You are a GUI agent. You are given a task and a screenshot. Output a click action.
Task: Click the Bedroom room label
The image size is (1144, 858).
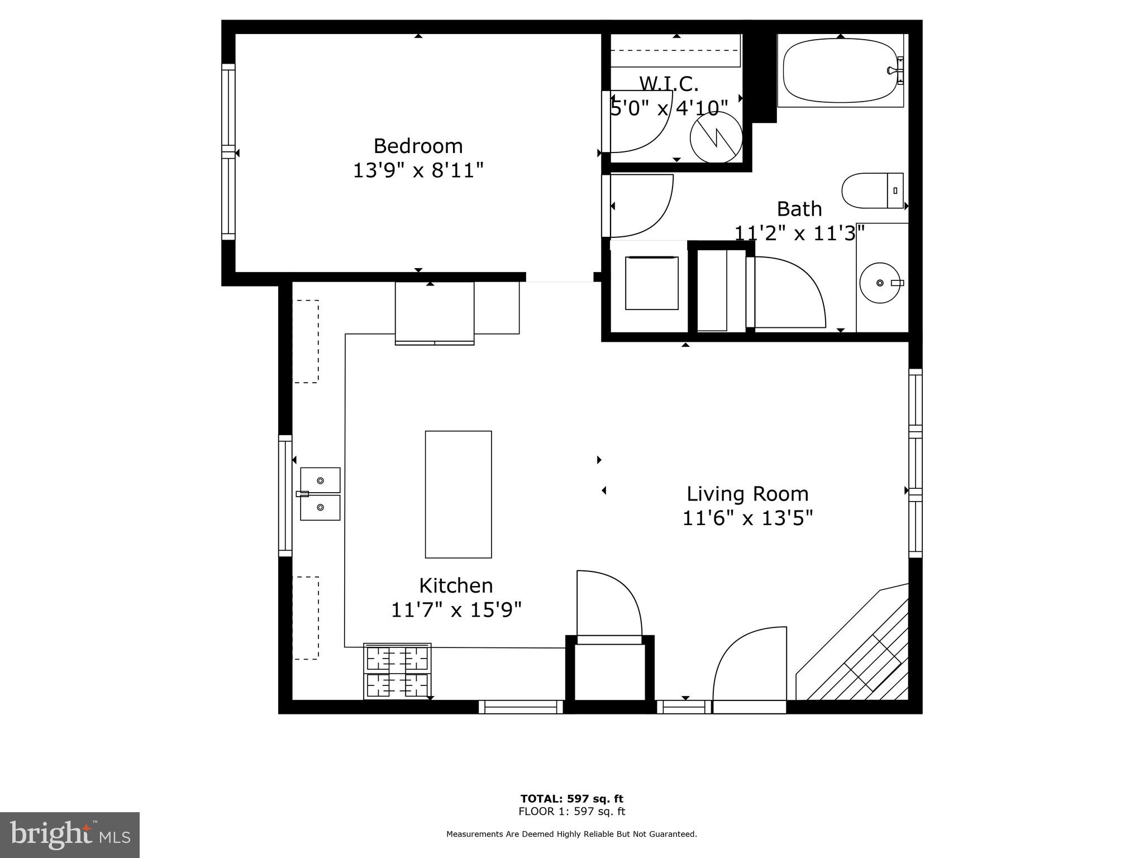[x=418, y=146]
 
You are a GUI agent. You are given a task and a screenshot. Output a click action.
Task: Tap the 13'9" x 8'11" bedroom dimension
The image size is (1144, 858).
[x=418, y=170]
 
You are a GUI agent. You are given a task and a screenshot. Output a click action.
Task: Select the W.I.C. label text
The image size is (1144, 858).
[x=669, y=84]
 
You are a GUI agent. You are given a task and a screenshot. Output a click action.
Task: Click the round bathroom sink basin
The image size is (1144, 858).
[x=879, y=283]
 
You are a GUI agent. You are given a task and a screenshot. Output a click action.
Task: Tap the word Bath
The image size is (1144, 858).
[x=799, y=209]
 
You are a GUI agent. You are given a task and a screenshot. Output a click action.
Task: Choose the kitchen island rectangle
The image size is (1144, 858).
[x=458, y=494]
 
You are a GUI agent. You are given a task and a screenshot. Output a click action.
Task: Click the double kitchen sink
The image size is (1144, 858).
[x=320, y=494]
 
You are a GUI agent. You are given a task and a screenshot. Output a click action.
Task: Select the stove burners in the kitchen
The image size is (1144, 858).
[x=397, y=671]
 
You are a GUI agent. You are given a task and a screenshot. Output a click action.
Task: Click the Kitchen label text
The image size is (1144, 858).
[x=456, y=585]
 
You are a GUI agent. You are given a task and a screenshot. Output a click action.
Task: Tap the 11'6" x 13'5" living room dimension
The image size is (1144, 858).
[x=747, y=518]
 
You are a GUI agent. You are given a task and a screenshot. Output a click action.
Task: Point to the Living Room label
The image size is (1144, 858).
[x=747, y=494]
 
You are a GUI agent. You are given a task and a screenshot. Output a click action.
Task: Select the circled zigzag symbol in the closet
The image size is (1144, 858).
[x=716, y=137]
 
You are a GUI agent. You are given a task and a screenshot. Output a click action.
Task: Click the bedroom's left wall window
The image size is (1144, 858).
[x=228, y=152]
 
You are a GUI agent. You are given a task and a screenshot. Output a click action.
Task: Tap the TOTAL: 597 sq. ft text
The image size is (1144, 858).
[x=571, y=799]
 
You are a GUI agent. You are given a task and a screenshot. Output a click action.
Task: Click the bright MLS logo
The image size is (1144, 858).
[x=69, y=835]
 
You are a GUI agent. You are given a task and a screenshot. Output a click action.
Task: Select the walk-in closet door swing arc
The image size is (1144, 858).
[x=642, y=123]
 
